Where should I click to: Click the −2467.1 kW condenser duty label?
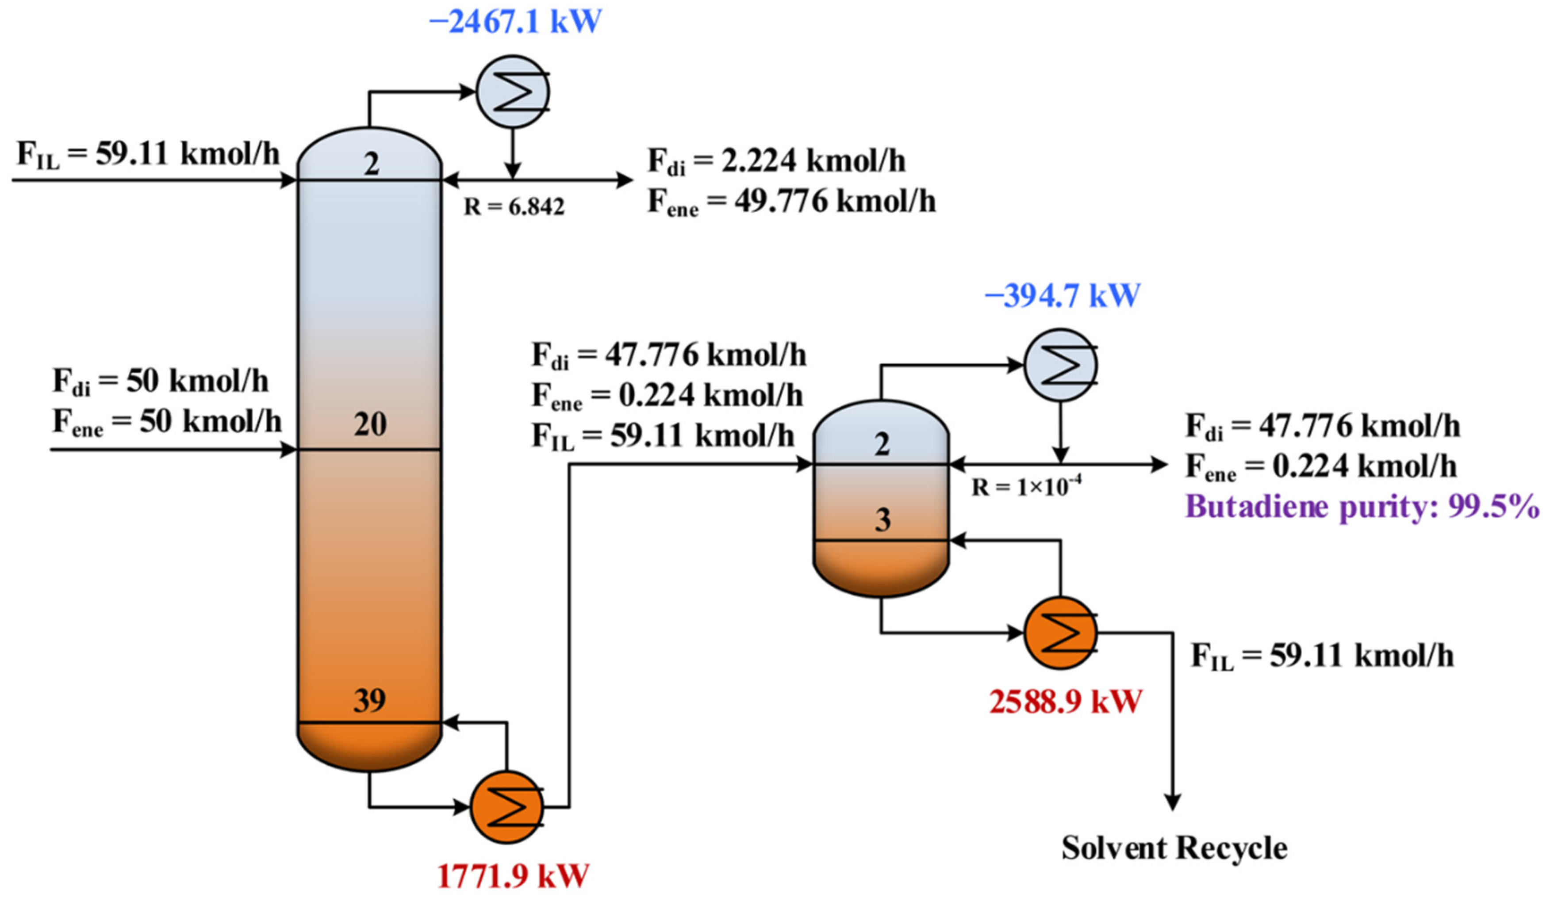(x=515, y=22)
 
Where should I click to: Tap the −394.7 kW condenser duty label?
(x=1062, y=296)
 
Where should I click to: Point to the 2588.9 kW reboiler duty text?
(x=1065, y=702)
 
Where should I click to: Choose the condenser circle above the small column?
(x=1060, y=365)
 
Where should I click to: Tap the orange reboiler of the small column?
(x=1060, y=633)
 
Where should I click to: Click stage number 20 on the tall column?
(x=370, y=425)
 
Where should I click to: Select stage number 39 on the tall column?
(x=370, y=700)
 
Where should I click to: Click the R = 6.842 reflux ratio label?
(x=514, y=207)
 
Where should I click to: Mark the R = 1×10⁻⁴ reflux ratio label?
(x=1026, y=487)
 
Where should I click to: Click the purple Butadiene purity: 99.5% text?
(x=1361, y=507)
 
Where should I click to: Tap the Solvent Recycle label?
(x=1174, y=848)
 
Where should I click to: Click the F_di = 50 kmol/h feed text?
(x=161, y=381)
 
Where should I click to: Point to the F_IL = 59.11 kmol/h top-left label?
(x=148, y=154)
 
